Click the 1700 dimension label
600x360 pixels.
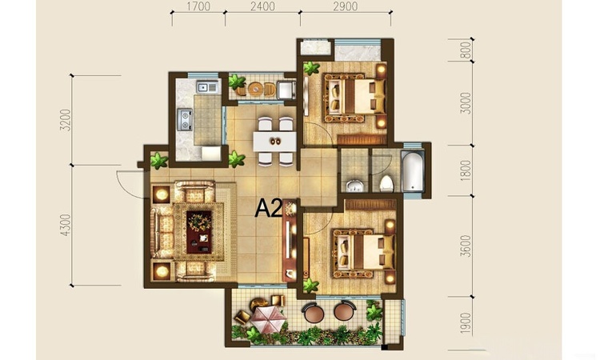tap(199, 6)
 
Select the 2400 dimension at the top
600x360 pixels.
tap(262, 6)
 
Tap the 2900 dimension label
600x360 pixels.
tap(345, 6)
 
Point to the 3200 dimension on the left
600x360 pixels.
tap(66, 120)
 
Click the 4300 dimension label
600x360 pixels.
tap(66, 225)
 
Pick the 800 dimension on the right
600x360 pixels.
tap(466, 50)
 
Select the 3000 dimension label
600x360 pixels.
tap(466, 103)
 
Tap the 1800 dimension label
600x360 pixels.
tap(466, 170)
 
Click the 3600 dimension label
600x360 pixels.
tap(466, 246)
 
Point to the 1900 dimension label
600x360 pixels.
tap(466, 323)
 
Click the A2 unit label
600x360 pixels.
tap(269, 208)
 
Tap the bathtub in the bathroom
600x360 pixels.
tap(413, 170)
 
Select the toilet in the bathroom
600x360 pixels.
tap(386, 183)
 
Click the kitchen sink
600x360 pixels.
tap(206, 87)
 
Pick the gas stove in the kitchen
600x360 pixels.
tap(185, 119)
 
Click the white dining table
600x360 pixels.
tap(274, 142)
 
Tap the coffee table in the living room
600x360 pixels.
tap(199, 232)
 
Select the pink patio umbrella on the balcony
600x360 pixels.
tap(268, 320)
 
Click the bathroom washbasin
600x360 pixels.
tap(354, 186)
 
